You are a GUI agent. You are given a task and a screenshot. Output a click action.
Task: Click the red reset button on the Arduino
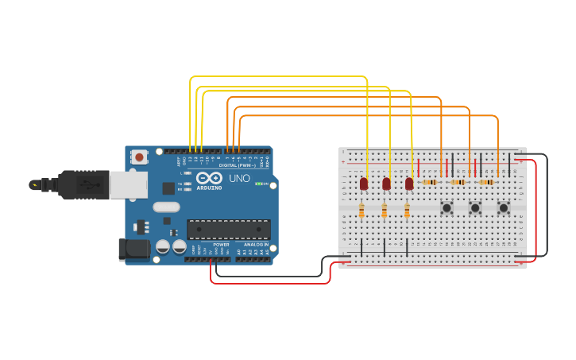pyautogui.click(x=140, y=157)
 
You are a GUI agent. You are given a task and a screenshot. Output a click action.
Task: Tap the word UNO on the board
pyautogui.click(x=239, y=179)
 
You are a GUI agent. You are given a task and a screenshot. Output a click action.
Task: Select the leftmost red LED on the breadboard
pyautogui.click(x=364, y=184)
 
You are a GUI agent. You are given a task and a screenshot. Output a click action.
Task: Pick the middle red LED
pyautogui.click(x=386, y=184)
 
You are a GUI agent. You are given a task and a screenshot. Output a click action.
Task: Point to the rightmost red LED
pyautogui.click(x=409, y=184)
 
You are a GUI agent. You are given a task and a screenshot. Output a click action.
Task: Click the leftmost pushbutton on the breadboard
pyautogui.click(x=447, y=208)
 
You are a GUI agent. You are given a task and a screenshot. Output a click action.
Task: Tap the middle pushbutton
pyautogui.click(x=475, y=208)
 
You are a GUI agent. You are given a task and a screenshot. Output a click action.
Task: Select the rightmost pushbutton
pyautogui.click(x=504, y=208)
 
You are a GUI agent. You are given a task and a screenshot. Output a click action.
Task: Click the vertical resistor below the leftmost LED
pyautogui.click(x=361, y=211)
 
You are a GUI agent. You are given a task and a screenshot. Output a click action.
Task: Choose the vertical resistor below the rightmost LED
pyautogui.click(x=407, y=211)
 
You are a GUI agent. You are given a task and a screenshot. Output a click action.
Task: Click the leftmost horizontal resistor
pyautogui.click(x=430, y=182)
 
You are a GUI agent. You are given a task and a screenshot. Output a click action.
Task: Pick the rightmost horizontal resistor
pyautogui.click(x=486, y=182)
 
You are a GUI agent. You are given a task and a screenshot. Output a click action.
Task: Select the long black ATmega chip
pyautogui.click(x=228, y=229)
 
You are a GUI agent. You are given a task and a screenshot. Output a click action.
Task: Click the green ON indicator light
pyautogui.click(x=257, y=184)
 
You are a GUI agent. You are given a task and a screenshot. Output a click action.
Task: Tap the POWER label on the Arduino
pyautogui.click(x=222, y=245)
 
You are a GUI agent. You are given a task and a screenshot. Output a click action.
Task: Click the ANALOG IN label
pyautogui.click(x=256, y=245)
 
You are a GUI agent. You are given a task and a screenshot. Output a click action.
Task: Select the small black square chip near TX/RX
pyautogui.click(x=168, y=188)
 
